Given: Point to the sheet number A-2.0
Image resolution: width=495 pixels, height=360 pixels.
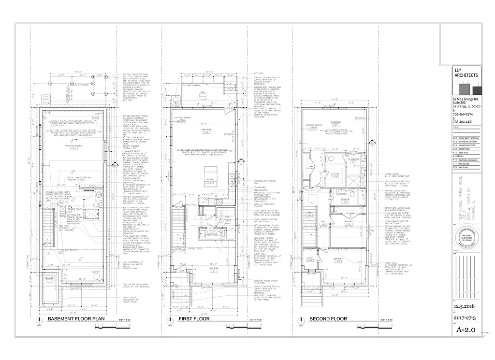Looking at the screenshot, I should click(x=466, y=330).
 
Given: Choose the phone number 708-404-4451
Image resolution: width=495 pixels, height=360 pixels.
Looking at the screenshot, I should click(x=457, y=122).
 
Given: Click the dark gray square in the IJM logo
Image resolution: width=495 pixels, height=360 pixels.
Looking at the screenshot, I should click(x=477, y=90).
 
